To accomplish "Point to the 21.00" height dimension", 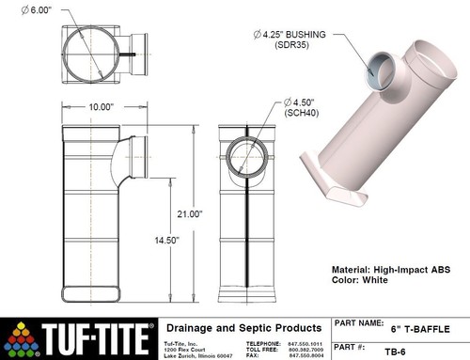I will (x=191, y=214).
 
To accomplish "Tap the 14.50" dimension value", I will (x=165, y=240).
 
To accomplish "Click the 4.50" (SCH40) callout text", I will (x=301, y=106).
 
